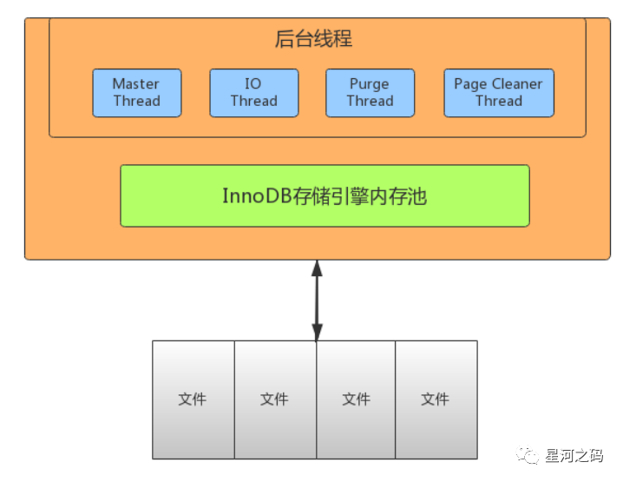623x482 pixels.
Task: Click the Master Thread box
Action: [136, 93]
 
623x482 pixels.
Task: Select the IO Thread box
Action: [253, 93]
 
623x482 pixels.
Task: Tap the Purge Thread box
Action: [370, 93]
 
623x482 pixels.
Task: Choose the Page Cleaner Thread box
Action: [498, 93]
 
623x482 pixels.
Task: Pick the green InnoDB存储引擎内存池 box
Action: [325, 195]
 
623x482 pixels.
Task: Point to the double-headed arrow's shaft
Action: [317, 300]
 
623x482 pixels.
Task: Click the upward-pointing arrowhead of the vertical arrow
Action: [317, 267]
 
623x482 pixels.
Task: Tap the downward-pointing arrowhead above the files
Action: [317, 332]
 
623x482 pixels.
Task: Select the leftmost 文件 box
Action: [193, 399]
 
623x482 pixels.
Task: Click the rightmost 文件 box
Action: [436, 399]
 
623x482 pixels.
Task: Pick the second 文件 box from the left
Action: [274, 399]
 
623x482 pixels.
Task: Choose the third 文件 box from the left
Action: [356, 399]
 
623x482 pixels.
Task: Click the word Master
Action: [136, 84]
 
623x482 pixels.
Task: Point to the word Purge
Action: [370, 84]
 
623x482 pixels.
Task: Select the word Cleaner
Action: [516, 84]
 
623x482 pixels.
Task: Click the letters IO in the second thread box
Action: [252, 84]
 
